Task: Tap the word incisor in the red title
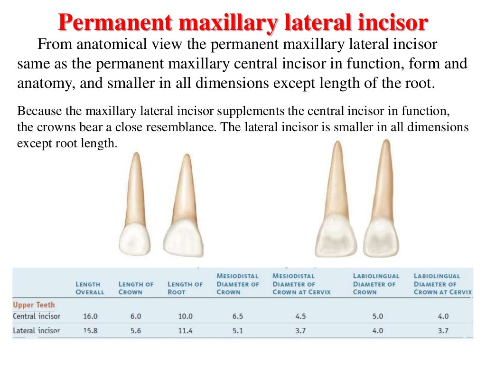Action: pyautogui.click(x=395, y=21)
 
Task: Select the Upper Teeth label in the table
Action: pyautogui.click(x=34, y=305)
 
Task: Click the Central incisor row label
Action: pyautogui.click(x=37, y=316)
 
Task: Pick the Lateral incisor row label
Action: pyautogui.click(x=37, y=330)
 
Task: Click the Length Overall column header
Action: pyautogui.click(x=89, y=288)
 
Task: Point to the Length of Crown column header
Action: pyautogui.click(x=136, y=288)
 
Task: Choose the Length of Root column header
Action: pyautogui.click(x=185, y=288)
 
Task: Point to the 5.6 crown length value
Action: pyautogui.click(x=136, y=331)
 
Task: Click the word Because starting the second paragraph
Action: pyautogui.click(x=36, y=112)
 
